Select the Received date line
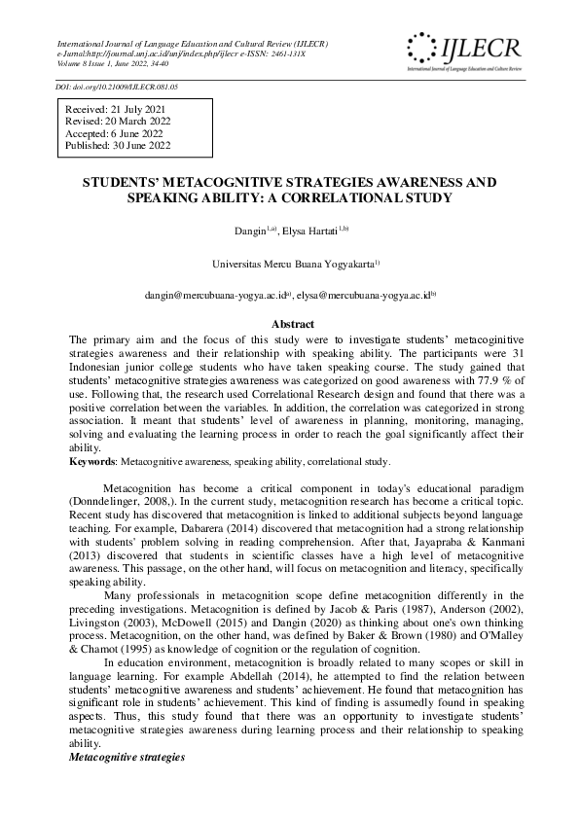pos(110,110)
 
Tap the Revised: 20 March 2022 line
pos(117,122)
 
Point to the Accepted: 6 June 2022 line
pos(114,133)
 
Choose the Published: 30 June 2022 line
pos(118,145)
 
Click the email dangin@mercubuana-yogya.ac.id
pos(214,293)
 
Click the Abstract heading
pos(291,324)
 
